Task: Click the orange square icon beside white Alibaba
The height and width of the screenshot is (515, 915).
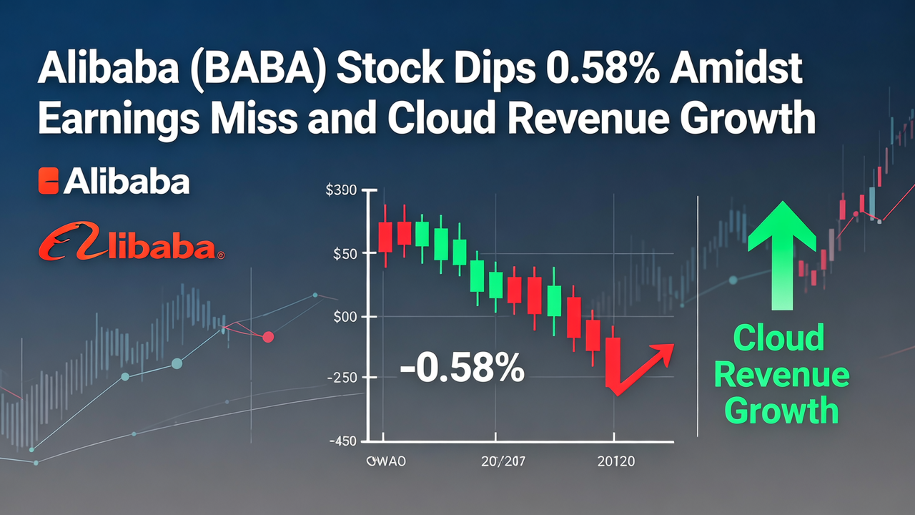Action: pyautogui.click(x=48, y=182)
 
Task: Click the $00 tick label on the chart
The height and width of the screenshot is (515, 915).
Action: pyautogui.click(x=345, y=316)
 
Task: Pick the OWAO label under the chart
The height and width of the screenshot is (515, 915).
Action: pyautogui.click(x=385, y=462)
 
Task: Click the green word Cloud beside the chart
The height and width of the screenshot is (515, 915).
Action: pyautogui.click(x=779, y=338)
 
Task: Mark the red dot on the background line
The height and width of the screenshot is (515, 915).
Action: pyautogui.click(x=268, y=336)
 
